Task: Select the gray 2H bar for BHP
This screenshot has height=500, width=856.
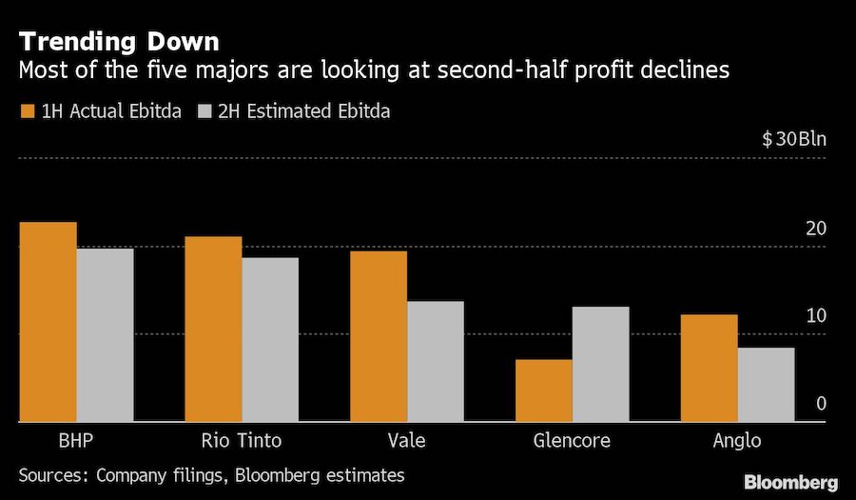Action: (105, 334)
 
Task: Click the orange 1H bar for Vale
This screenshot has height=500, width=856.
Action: (379, 336)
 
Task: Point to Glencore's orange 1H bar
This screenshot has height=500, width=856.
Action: (544, 390)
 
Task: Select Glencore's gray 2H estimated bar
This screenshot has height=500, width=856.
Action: (600, 364)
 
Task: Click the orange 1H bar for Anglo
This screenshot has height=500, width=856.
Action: (710, 368)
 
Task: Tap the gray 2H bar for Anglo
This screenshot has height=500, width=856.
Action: (766, 384)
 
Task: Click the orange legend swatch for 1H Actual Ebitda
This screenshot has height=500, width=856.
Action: (27, 111)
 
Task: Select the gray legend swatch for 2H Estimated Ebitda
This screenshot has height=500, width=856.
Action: (204, 111)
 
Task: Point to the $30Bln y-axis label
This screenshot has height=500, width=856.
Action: (794, 139)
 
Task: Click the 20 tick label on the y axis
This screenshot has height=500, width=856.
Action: (815, 229)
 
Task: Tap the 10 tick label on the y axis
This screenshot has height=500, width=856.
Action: (815, 316)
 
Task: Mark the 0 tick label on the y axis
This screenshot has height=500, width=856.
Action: (821, 404)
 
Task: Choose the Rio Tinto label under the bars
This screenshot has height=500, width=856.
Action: (242, 441)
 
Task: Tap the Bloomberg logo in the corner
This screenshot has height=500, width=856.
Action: (790, 481)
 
